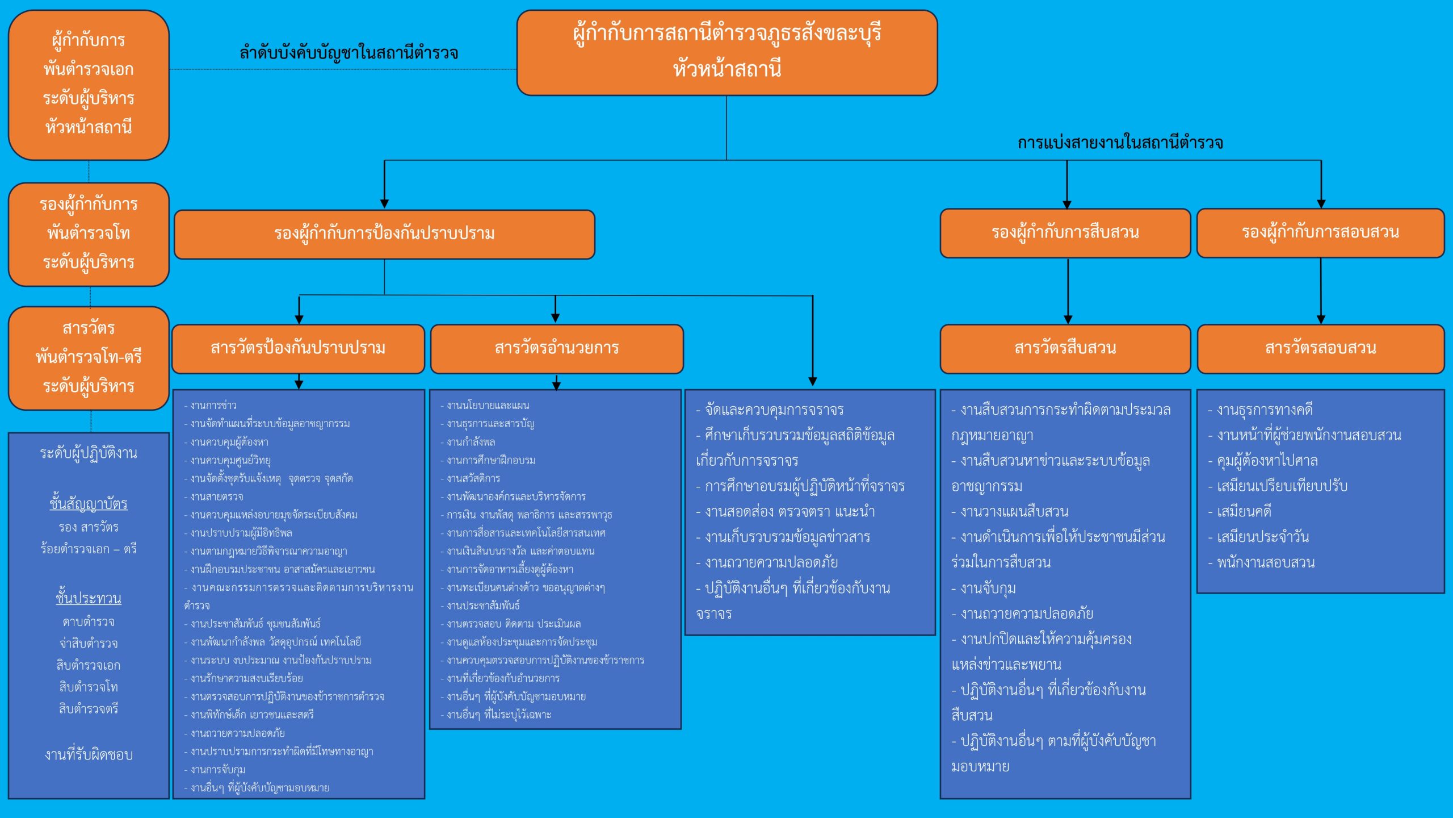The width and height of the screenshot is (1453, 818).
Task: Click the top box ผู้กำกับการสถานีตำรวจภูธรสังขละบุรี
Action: [x=726, y=52]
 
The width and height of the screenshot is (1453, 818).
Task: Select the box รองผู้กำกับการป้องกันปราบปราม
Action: [x=384, y=233]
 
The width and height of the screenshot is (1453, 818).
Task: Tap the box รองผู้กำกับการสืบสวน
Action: [x=1065, y=233]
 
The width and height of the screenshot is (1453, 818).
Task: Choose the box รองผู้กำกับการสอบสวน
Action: [x=1320, y=232]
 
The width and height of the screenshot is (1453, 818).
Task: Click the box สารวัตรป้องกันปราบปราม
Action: [x=298, y=348]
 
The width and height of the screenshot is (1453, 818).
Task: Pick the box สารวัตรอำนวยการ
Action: [x=556, y=348]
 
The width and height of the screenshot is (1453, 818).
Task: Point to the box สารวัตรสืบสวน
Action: [x=1065, y=348]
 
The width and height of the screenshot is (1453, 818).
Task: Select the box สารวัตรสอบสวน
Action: [x=1320, y=348]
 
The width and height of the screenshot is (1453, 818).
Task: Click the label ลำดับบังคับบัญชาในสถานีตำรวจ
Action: [x=348, y=53]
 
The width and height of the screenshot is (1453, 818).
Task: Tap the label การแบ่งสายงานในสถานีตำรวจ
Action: [x=1120, y=143]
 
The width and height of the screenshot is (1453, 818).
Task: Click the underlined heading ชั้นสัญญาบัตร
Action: [x=89, y=503]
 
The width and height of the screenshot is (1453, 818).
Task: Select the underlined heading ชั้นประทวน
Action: [x=89, y=598]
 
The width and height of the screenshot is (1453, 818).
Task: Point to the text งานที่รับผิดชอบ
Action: [x=89, y=754]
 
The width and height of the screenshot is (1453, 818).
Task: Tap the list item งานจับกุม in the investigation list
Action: [x=988, y=588]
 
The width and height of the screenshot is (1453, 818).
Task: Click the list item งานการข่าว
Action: [x=213, y=406]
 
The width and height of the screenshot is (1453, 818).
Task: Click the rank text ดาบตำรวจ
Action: [x=89, y=622]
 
